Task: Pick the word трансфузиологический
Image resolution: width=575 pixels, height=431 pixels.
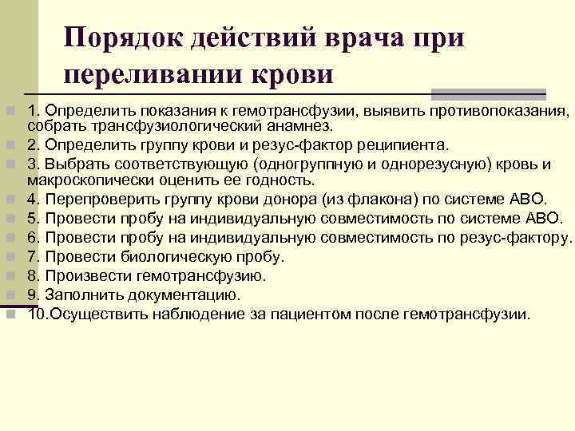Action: tap(164, 126)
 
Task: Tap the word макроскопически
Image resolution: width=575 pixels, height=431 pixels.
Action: tap(89, 181)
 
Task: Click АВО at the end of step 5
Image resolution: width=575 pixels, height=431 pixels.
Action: tap(547, 218)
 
